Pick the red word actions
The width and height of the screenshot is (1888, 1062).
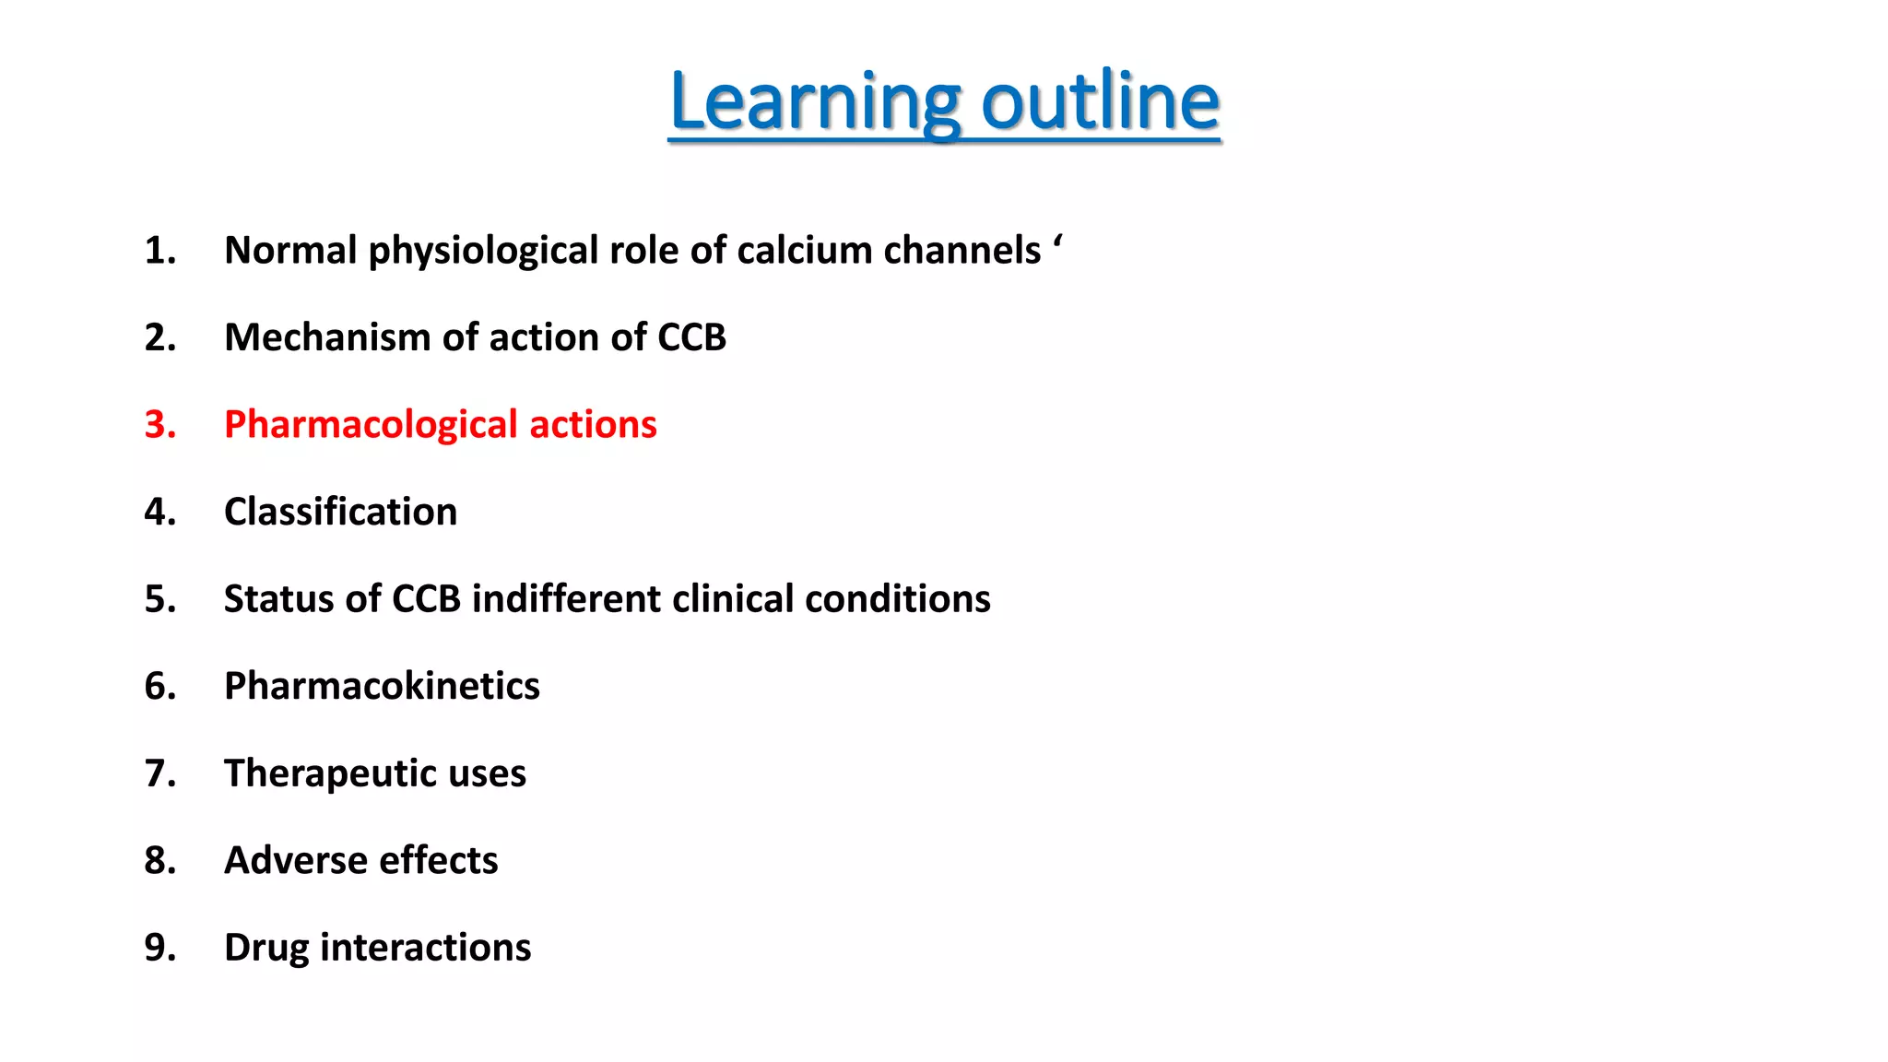coord(593,425)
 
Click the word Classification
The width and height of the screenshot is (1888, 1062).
coord(340,512)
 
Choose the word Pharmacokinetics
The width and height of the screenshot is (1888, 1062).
coord(382,686)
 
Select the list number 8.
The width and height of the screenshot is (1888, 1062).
coord(159,860)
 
